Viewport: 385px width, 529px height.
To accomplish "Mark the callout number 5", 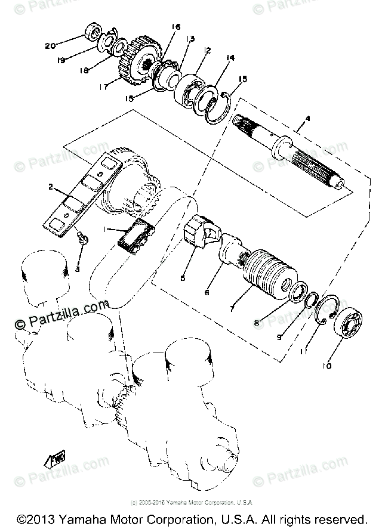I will [x=183, y=277].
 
